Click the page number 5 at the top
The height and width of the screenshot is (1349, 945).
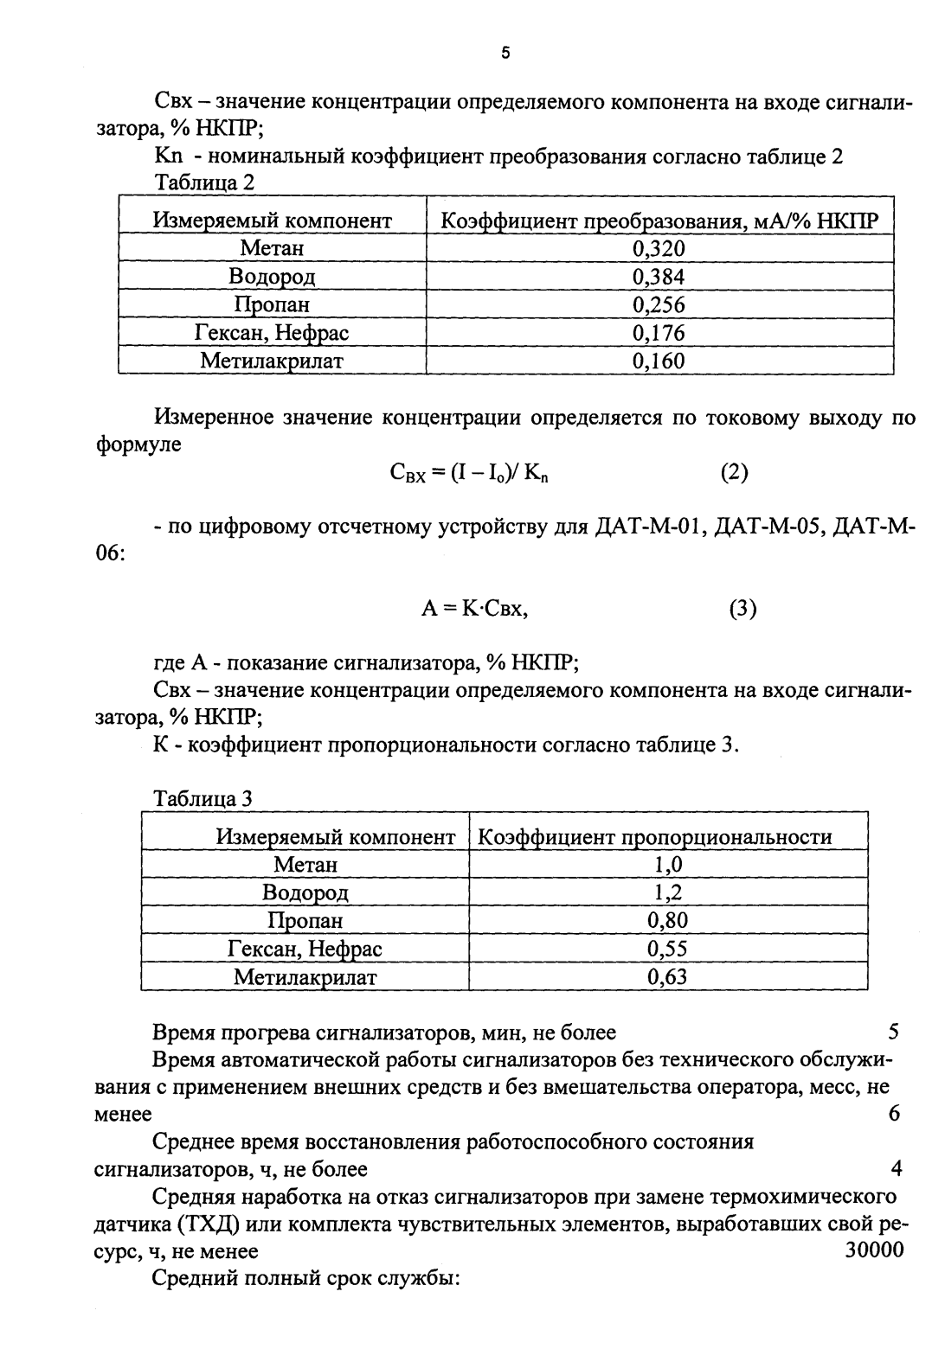click(x=506, y=54)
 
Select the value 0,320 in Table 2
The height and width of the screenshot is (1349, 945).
click(x=659, y=249)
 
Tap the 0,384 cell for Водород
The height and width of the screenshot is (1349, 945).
click(x=659, y=277)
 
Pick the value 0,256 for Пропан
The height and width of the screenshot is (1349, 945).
click(x=659, y=305)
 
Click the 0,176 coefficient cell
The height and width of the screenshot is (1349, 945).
click(x=659, y=333)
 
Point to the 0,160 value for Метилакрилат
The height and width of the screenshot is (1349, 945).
click(x=659, y=361)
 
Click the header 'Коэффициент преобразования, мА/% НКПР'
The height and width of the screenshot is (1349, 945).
click(x=659, y=221)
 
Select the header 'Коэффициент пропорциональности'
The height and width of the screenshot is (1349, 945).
click(x=655, y=837)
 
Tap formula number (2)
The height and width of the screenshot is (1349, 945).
click(x=734, y=472)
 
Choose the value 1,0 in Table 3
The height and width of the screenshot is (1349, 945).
click(x=668, y=865)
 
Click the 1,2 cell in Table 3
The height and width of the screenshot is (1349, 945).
click(x=668, y=892)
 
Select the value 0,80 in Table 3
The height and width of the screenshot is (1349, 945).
click(x=668, y=920)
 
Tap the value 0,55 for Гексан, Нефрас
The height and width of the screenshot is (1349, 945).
click(x=668, y=949)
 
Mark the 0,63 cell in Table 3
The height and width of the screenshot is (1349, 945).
click(x=668, y=977)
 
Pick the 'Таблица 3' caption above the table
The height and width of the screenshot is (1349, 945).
click(x=202, y=798)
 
